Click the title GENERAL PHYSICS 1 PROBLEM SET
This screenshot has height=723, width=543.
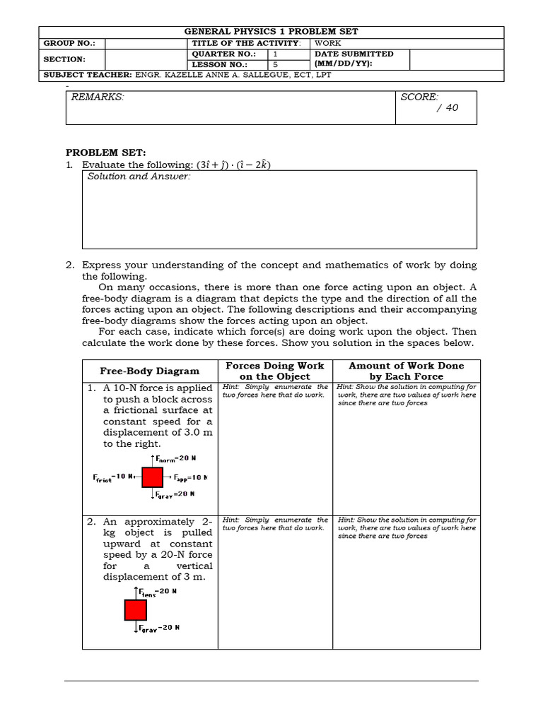pyautogui.click(x=271, y=32)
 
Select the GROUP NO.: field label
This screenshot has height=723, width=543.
pyautogui.click(x=64, y=43)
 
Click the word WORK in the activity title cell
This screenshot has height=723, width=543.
pyautogui.click(x=328, y=43)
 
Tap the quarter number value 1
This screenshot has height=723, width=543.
pyautogui.click(x=276, y=54)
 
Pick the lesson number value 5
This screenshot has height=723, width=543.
pyautogui.click(x=276, y=64)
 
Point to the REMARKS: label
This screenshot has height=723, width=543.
pyautogui.click(x=98, y=97)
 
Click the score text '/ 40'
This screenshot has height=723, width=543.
pyautogui.click(x=448, y=108)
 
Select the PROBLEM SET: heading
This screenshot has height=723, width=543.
pyautogui.click(x=105, y=153)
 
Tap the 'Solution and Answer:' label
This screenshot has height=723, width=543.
pyautogui.click(x=139, y=177)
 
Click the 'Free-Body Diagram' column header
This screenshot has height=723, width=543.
pyautogui.click(x=149, y=371)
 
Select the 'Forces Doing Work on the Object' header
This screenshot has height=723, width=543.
pyautogui.click(x=274, y=371)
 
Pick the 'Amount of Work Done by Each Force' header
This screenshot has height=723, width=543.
pyautogui.click(x=406, y=371)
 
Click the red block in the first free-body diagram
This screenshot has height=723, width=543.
pyautogui.click(x=152, y=477)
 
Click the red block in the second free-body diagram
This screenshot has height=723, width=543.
pyautogui.click(x=135, y=609)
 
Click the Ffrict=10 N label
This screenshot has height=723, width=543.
pyautogui.click(x=113, y=477)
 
